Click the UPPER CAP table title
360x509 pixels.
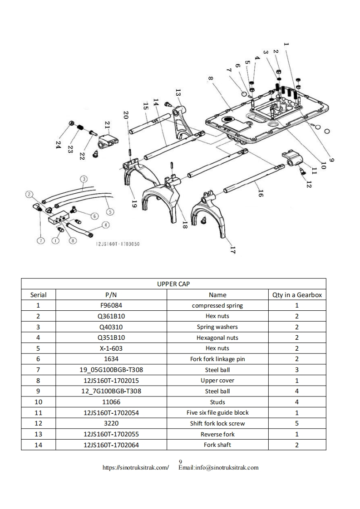(173, 284)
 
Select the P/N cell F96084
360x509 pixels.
(111, 305)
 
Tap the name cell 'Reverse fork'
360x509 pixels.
(217, 434)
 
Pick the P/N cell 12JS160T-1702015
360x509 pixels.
(111, 380)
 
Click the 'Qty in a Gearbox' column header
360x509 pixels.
(297, 294)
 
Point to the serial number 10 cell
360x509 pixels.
(38, 402)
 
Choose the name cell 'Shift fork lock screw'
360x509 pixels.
(217, 423)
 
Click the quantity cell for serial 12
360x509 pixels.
(297, 423)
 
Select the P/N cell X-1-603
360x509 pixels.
(111, 348)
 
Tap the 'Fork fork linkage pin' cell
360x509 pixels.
(217, 359)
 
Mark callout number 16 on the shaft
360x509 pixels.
(260, 193)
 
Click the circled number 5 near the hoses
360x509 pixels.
(110, 211)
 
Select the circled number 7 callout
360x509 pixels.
(40, 241)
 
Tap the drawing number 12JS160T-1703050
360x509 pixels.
(118, 244)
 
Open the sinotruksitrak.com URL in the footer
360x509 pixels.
(136, 467)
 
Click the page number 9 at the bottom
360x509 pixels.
(180, 462)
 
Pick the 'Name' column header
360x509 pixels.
(217, 294)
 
